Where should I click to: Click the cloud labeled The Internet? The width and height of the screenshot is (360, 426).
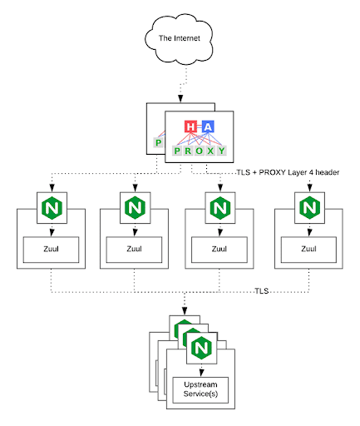coord(179,38)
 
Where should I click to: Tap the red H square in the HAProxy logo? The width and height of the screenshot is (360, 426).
coord(190,126)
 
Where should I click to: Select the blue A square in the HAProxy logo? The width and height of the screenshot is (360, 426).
coord(208,126)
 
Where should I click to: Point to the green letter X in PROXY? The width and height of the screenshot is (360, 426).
coord(210,151)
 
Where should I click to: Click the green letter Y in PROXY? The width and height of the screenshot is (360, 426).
coord(221,151)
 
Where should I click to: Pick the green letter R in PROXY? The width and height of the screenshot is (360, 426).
coord(188,151)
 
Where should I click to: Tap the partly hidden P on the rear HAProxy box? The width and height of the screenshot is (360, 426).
coord(159,143)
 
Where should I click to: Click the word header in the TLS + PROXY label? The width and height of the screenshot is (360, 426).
coord(328,172)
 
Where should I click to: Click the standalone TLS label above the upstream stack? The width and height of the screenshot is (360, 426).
coord(262,291)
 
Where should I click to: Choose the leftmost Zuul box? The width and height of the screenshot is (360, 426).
coord(51,250)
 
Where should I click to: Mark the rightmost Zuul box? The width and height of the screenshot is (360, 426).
coord(308,250)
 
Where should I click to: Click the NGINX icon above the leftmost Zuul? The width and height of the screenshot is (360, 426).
coord(52,208)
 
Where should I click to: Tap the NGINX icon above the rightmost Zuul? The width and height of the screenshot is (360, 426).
coord(309,208)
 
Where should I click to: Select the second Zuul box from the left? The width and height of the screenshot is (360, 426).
coord(134,250)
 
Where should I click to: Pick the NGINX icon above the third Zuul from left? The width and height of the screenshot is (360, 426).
coord(220,208)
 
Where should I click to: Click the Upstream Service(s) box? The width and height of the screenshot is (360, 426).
coord(200,390)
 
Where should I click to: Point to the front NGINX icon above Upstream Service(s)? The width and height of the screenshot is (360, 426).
coord(201,348)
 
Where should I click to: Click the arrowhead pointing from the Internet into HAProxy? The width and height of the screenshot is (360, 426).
coord(180,99)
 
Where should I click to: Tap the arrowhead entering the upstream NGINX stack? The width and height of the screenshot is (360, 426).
coord(185,310)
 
